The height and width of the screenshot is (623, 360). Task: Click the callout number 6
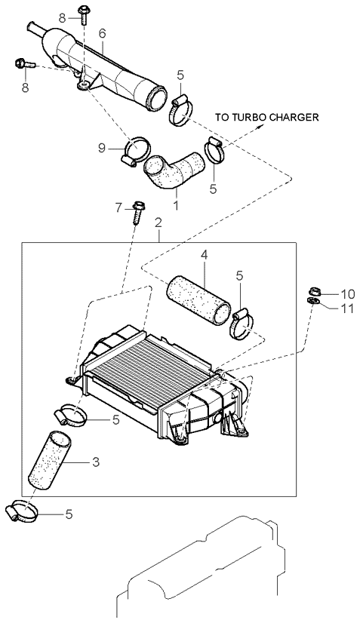[x=102, y=34]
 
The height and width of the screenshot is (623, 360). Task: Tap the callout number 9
[x=102, y=148]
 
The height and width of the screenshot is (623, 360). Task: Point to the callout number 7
[x=118, y=207]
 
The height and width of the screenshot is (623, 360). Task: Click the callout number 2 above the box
[x=158, y=223]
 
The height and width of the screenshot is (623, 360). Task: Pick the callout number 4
[x=204, y=256]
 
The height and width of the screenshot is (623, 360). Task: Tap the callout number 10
[x=347, y=294]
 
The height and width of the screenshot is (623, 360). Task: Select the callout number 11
[x=346, y=308]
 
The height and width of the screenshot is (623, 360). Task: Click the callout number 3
[x=95, y=462]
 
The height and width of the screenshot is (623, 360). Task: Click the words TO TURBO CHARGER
[x=267, y=117]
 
